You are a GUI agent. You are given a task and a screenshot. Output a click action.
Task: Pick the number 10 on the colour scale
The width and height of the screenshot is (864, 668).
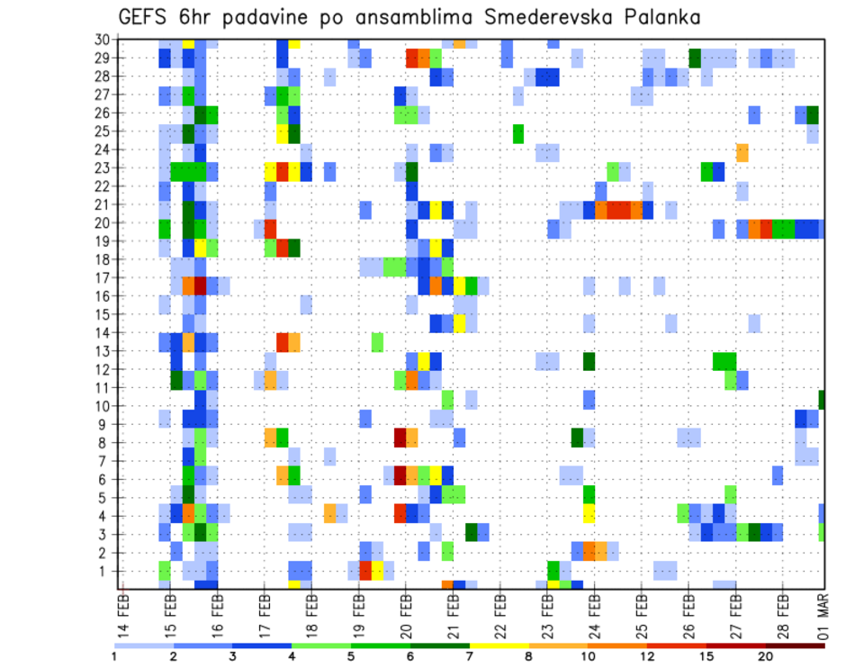588,656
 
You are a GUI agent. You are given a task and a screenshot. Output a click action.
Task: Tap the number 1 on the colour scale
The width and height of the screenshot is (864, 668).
114,656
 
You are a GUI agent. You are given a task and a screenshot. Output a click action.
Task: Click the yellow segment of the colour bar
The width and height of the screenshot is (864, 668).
499,645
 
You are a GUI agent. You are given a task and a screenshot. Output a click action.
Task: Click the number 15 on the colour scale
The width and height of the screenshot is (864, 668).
706,656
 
